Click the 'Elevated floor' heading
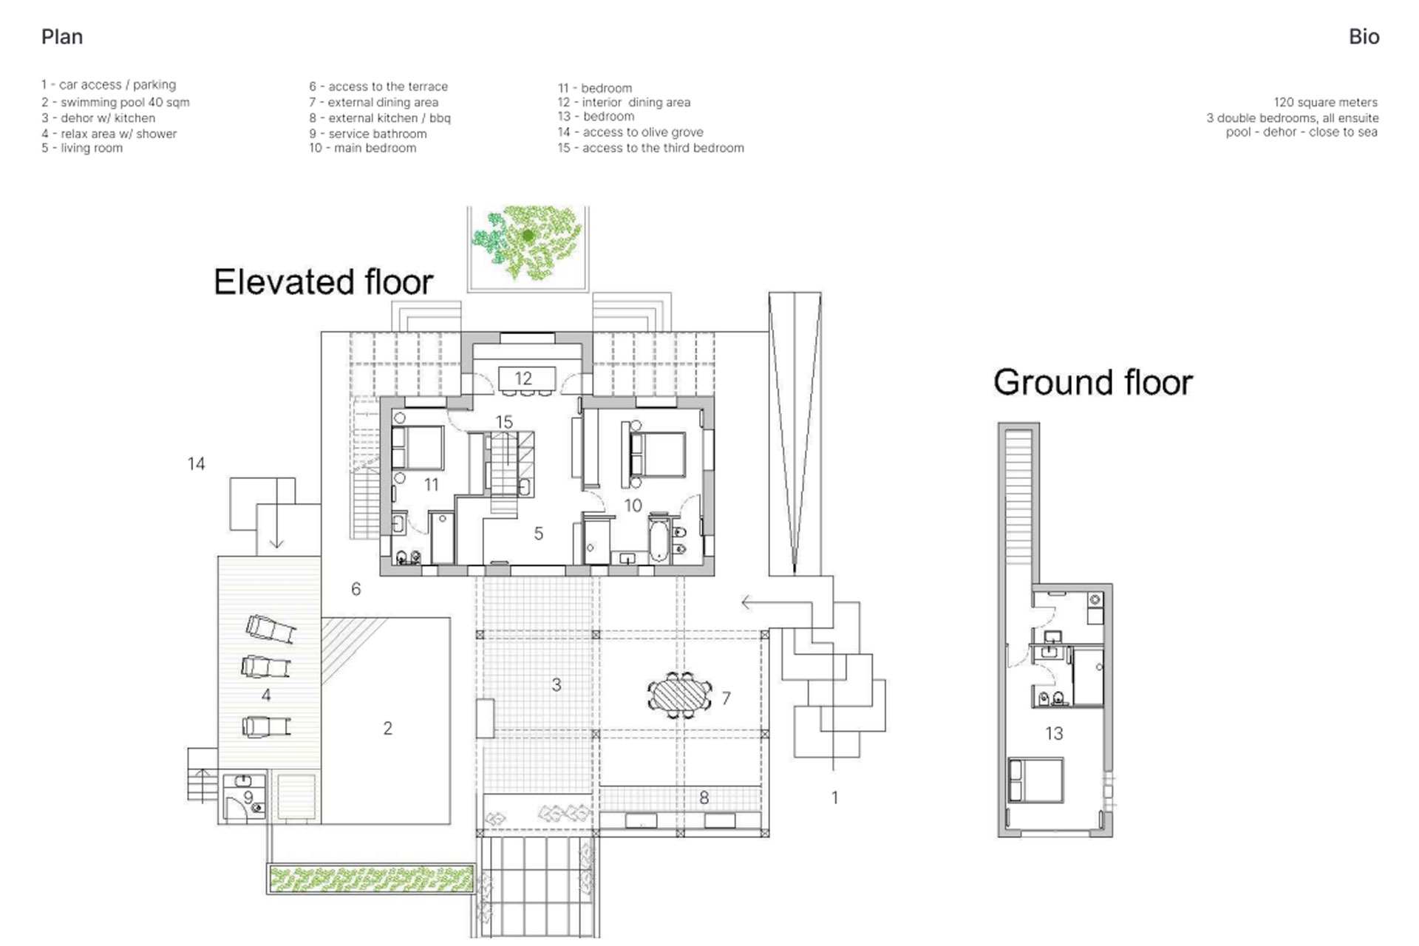click(x=323, y=282)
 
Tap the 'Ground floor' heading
click(x=1093, y=383)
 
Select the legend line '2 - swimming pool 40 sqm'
click(x=115, y=102)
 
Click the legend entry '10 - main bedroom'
click(x=363, y=148)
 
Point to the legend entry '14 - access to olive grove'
click(x=630, y=132)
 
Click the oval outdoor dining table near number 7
click(x=680, y=695)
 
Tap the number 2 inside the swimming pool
click(x=387, y=729)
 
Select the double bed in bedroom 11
click(x=417, y=448)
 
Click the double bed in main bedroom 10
click(x=657, y=455)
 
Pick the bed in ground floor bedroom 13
click(x=1035, y=780)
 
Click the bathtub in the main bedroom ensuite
click(x=659, y=540)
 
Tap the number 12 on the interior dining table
click(x=523, y=379)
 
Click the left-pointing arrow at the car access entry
click(x=777, y=603)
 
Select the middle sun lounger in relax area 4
click(x=267, y=667)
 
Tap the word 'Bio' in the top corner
click(x=1364, y=37)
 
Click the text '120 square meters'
click(x=1325, y=102)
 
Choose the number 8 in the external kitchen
click(x=704, y=798)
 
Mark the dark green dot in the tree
click(x=528, y=236)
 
